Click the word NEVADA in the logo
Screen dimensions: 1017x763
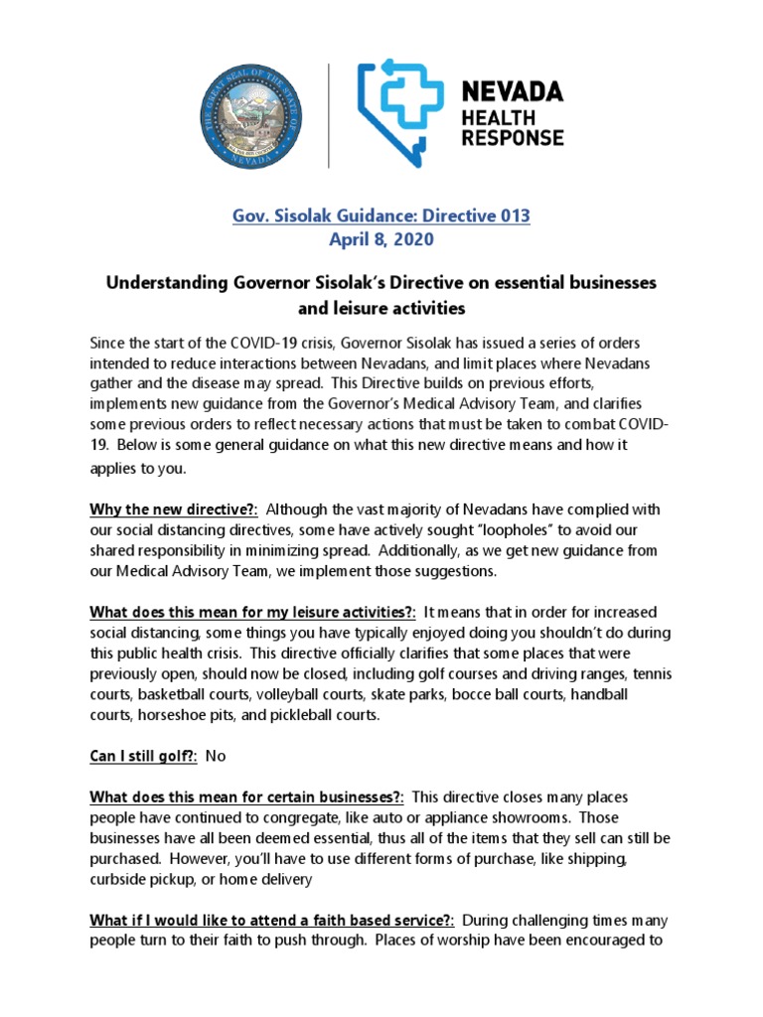click(x=515, y=92)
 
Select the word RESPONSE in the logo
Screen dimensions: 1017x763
click(x=514, y=137)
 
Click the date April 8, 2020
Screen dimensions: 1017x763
click(x=381, y=239)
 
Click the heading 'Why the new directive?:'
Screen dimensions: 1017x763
click(x=174, y=509)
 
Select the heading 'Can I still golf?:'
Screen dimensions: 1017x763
click(x=144, y=756)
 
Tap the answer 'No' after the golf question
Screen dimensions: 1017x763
click(x=216, y=756)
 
